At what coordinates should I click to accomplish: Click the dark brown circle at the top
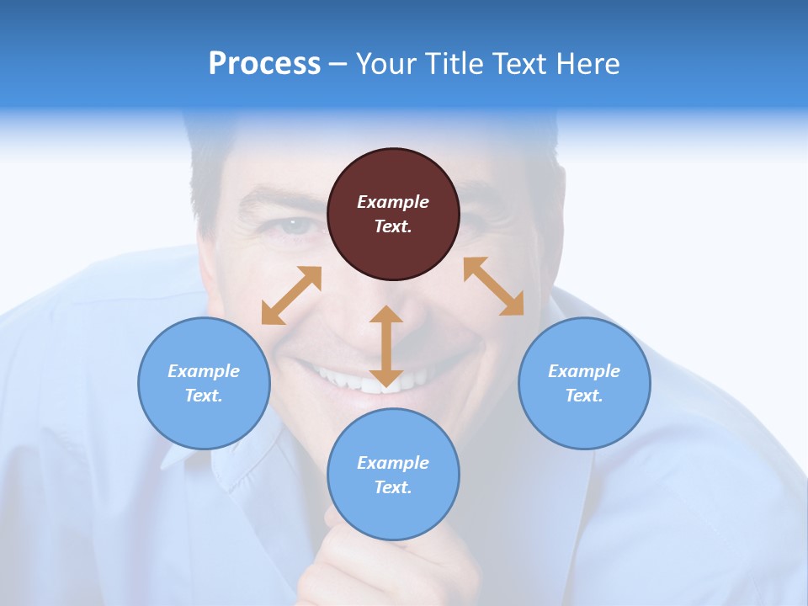coord(393,214)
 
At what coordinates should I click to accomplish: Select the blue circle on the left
coord(204,383)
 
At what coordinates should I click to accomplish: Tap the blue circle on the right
coord(584,383)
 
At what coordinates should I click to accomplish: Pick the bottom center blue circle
coord(393,475)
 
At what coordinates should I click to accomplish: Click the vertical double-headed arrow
coord(386,346)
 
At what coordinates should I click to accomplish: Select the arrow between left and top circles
coord(291,295)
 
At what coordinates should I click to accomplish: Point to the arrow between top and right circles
coord(494,286)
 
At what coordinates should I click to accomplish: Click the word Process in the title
coord(264,63)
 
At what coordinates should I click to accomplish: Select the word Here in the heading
coord(588,63)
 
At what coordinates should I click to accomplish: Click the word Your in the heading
coord(386,63)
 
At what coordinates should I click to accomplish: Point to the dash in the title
coord(338,64)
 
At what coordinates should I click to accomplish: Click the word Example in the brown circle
coord(393,202)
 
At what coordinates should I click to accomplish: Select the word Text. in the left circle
coord(204,396)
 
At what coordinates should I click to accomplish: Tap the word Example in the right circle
coord(584,371)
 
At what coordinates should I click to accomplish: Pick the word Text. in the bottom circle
coord(393,487)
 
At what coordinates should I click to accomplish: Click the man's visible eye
coord(295,226)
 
